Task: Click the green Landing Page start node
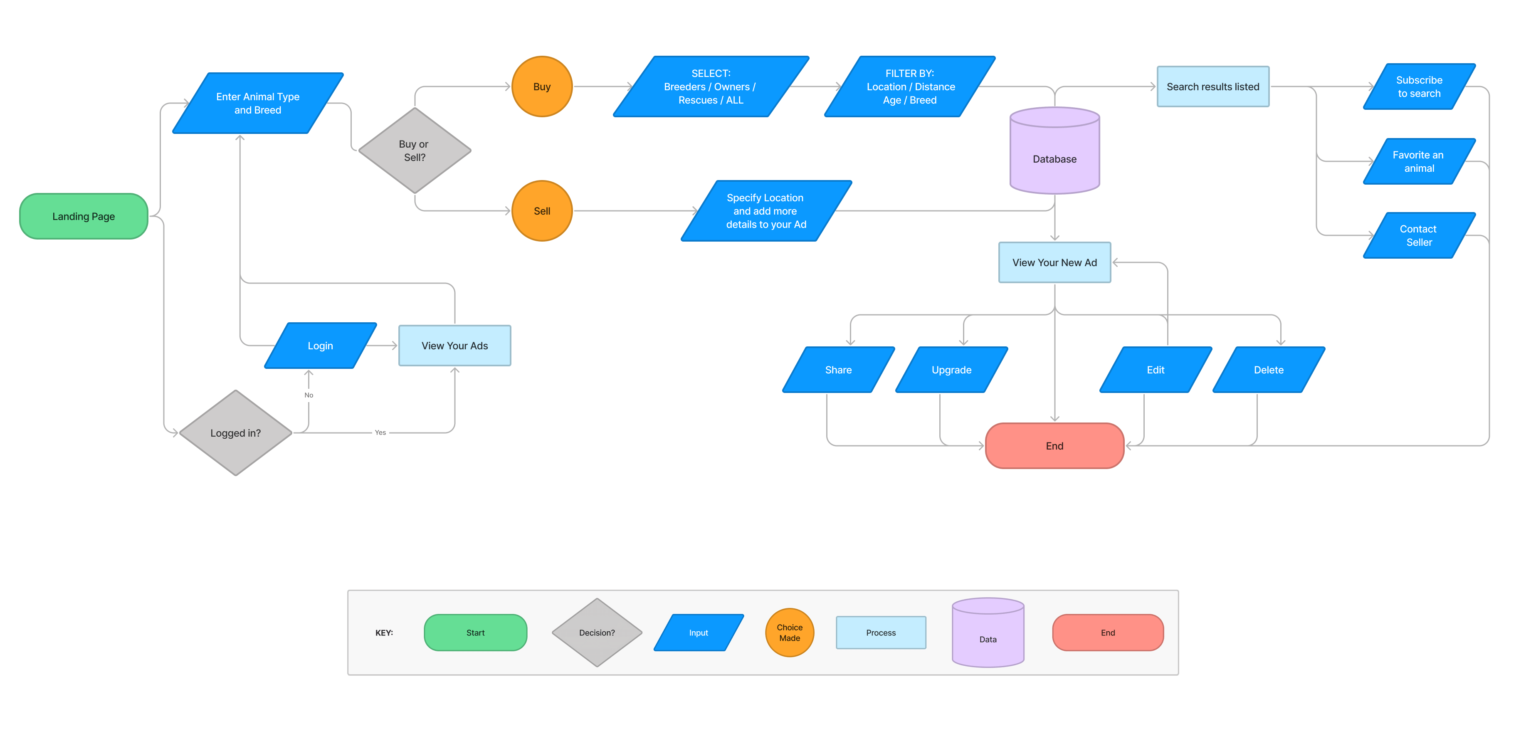pyautogui.click(x=84, y=216)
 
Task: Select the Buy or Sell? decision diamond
pyautogui.click(x=414, y=151)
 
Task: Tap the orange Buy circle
pyautogui.click(x=541, y=86)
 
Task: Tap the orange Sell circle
pyautogui.click(x=541, y=211)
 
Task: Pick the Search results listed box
pyautogui.click(x=1212, y=86)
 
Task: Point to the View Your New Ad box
pyautogui.click(x=1054, y=262)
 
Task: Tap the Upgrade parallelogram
pyautogui.click(x=951, y=370)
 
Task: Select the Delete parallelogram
pyautogui.click(x=1268, y=370)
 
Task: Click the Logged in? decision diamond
pyautogui.click(x=236, y=433)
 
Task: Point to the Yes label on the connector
pyautogui.click(x=380, y=432)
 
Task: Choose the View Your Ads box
pyautogui.click(x=454, y=346)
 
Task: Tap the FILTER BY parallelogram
pyautogui.click(x=910, y=86)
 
